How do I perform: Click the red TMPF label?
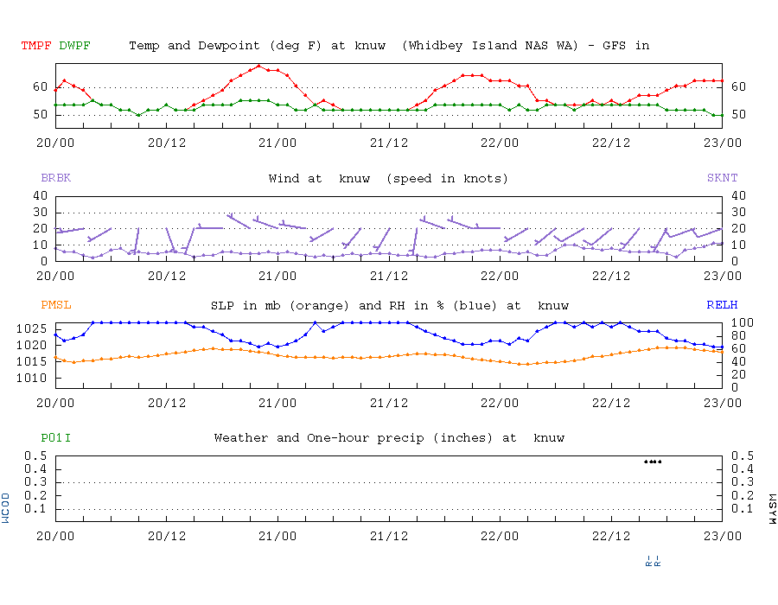tap(36, 45)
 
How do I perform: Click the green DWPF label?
tap(74, 45)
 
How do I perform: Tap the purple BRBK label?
tap(55, 178)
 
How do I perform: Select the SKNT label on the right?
tap(722, 178)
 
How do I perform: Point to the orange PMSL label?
tap(55, 305)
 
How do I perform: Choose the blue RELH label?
tap(722, 305)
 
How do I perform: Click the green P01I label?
tap(55, 438)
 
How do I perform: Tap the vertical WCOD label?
tap(7, 507)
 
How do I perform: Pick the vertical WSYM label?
tap(771, 507)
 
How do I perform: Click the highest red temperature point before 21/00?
tap(259, 66)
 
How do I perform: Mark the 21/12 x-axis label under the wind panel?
tap(389, 276)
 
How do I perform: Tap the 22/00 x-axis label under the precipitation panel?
tap(500, 535)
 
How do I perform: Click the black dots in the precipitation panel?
tap(654, 462)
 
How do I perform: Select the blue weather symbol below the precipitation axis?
tap(654, 560)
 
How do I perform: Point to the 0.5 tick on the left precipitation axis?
tap(35, 455)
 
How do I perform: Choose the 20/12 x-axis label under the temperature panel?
tap(167, 142)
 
